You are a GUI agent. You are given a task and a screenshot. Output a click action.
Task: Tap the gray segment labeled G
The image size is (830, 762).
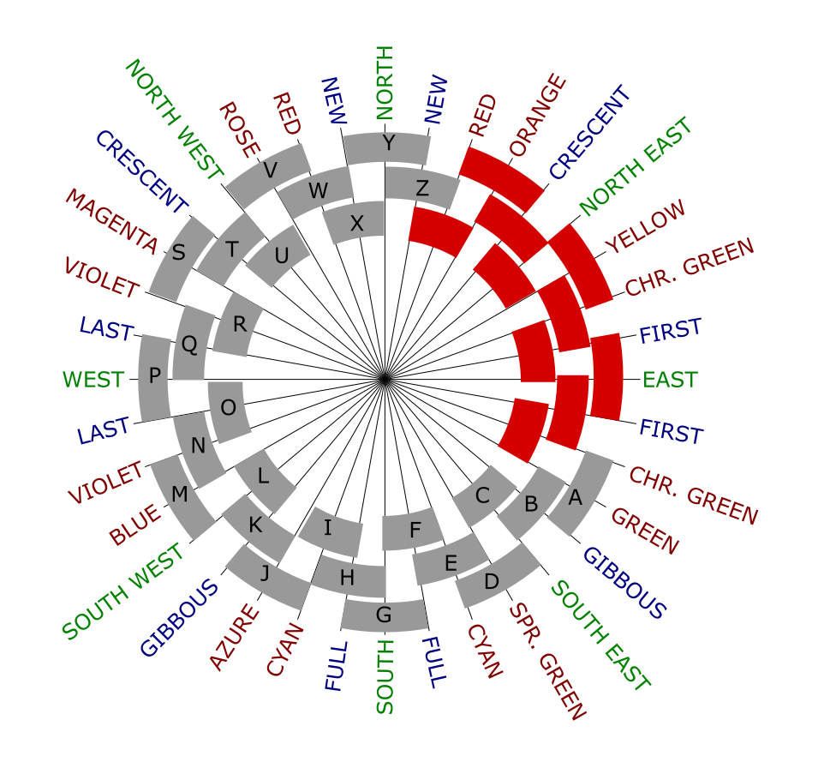click(385, 615)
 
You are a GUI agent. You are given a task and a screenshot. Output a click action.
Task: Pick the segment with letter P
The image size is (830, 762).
click(153, 377)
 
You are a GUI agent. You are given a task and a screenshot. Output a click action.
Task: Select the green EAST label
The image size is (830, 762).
click(671, 379)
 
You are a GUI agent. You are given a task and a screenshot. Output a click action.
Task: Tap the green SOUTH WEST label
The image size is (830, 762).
click(124, 592)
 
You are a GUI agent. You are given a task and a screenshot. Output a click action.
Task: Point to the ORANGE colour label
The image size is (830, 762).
click(538, 115)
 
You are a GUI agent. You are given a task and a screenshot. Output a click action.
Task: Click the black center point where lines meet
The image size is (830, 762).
click(385, 379)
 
